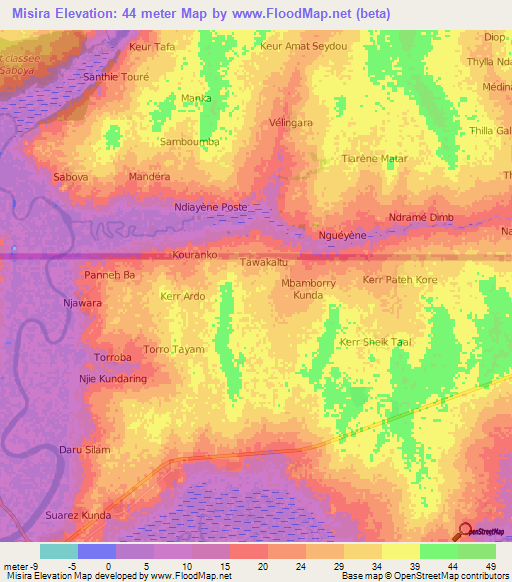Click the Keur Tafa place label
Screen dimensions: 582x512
[x=152, y=47]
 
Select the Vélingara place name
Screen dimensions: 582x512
[x=291, y=122]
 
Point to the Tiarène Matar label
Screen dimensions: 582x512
[x=375, y=158]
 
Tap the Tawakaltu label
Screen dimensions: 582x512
[x=264, y=262]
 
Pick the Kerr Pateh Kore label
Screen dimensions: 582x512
[x=400, y=279]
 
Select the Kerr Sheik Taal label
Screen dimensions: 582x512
[x=376, y=342]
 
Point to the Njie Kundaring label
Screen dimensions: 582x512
[x=113, y=379]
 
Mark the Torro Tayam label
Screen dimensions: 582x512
[x=174, y=349]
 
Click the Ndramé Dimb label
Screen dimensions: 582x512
[x=421, y=217]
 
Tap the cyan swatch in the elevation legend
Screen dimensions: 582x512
[x=59, y=551]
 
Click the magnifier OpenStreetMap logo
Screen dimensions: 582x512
[x=466, y=531]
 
